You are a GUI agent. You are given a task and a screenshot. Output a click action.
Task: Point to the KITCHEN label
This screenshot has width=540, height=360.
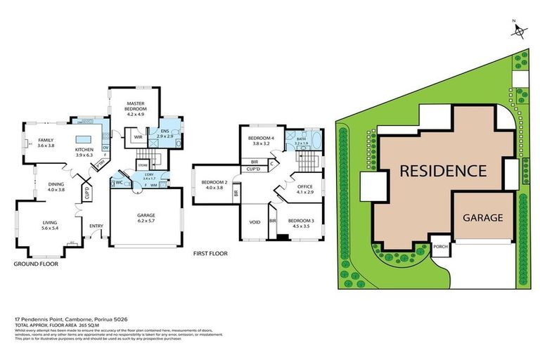pos(84,149)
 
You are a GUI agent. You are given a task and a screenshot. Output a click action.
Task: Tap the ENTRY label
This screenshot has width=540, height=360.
pos(96,225)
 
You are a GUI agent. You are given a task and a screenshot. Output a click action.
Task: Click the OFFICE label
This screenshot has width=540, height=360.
pos(304,188)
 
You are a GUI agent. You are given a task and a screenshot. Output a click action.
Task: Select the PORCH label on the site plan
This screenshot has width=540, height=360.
pos(441,247)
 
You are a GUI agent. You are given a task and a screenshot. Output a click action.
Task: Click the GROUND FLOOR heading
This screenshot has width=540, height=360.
pos(35,264)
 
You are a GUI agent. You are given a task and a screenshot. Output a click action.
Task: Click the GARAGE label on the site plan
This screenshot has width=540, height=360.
pos(482,217)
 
